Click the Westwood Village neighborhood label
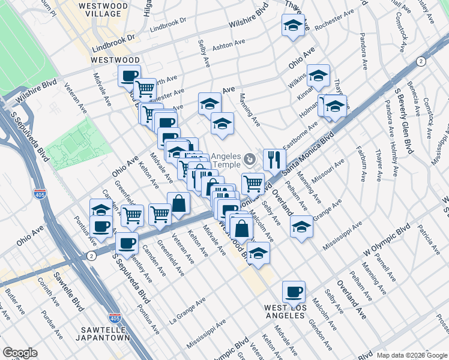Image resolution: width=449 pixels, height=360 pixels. click(103, 12)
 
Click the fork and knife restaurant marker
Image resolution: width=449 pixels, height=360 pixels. click(274, 159)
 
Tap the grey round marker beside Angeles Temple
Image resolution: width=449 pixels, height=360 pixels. click(250, 158)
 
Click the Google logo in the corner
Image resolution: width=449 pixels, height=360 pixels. click(20, 353)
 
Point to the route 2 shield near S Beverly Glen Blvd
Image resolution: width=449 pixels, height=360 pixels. click(421, 61)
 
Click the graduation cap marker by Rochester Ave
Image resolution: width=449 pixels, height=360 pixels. click(293, 25)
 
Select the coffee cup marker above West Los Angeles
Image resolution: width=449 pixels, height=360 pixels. click(294, 292)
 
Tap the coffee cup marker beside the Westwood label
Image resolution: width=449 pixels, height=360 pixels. click(128, 76)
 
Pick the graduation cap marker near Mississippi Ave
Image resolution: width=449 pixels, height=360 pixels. click(301, 227)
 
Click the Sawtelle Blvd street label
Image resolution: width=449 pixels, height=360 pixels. click(70, 287)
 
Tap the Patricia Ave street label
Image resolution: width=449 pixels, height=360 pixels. click(430, 238)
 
